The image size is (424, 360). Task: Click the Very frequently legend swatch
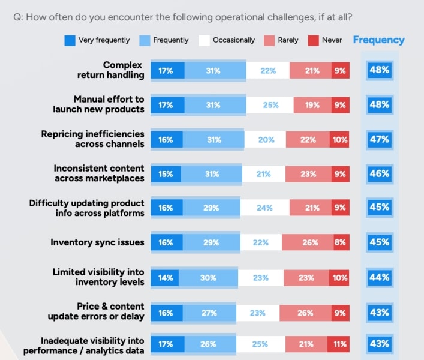pos(70,40)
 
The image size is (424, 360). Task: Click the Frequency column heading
pos(378,40)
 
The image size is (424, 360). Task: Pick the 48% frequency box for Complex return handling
pos(379,70)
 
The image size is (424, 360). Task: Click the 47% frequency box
pos(379,139)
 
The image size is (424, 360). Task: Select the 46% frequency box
pos(379,174)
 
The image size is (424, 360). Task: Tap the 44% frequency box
pos(379,278)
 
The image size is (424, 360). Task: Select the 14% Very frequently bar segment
pos(165,278)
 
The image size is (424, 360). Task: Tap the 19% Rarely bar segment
pos(312,105)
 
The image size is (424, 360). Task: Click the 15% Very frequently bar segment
pos(166,174)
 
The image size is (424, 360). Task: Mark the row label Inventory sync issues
pos(97,242)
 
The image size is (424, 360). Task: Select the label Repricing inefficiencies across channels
pos(92,139)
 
